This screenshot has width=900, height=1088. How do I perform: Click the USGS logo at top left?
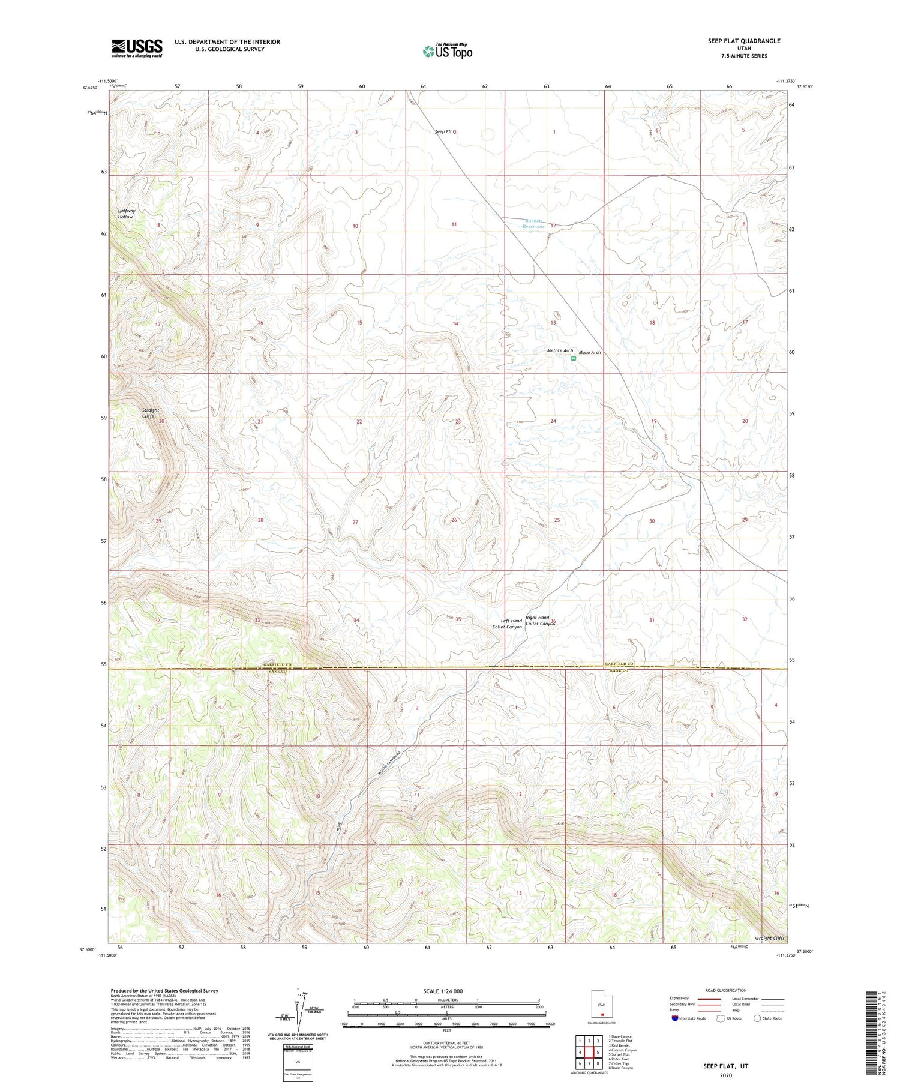(x=137, y=48)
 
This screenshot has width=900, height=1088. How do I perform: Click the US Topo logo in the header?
(x=447, y=52)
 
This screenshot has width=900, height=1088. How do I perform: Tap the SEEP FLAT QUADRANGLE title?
(x=744, y=41)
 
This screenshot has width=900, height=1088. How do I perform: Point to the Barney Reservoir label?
(x=533, y=224)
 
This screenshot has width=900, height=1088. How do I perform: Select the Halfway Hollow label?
(x=126, y=214)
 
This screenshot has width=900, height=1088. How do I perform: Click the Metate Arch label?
(x=560, y=350)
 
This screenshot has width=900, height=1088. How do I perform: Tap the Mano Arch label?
(x=589, y=352)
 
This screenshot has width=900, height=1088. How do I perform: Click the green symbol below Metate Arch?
(x=574, y=358)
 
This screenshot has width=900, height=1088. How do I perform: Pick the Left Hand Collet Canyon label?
(x=507, y=624)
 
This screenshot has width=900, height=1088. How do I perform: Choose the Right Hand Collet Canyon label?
(x=539, y=620)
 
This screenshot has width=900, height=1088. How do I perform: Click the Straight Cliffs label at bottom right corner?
(x=769, y=938)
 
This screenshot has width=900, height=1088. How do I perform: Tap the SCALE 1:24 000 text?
(x=443, y=991)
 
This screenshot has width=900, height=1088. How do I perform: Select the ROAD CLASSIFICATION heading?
(x=726, y=990)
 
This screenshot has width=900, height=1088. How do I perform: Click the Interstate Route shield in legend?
(x=676, y=1018)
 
